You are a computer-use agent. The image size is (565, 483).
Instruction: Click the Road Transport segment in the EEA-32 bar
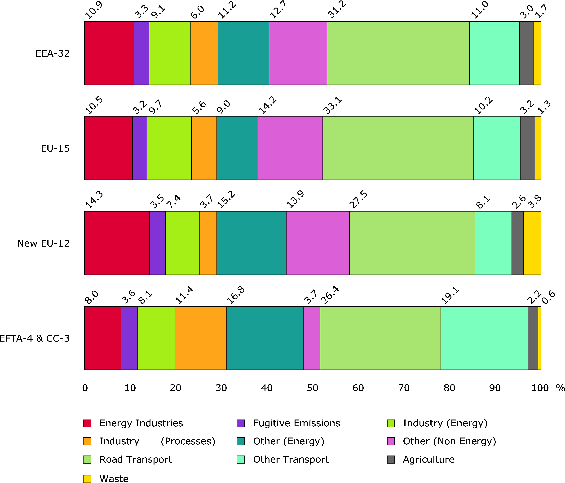pyautogui.click(x=398, y=53)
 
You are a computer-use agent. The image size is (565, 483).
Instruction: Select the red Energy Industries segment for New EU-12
pyautogui.click(x=117, y=243)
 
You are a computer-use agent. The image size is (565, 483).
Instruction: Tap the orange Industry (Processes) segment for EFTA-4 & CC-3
pyautogui.click(x=200, y=338)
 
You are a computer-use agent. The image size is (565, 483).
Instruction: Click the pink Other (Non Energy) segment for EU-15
pyautogui.click(x=290, y=148)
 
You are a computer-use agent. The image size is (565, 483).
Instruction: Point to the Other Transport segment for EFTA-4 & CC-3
pyautogui.click(x=484, y=338)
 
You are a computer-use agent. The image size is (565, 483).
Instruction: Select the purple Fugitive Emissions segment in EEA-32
pyautogui.click(x=141, y=53)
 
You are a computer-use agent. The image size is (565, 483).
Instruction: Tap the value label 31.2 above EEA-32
pyautogui.click(x=337, y=10)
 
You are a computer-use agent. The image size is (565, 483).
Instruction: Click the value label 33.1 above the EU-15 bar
pyautogui.click(x=332, y=106)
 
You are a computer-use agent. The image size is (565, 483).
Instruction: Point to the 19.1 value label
pyautogui.click(x=450, y=295)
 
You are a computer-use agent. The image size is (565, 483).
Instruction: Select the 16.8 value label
pyautogui.click(x=236, y=295)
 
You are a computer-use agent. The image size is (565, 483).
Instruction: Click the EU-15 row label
pyautogui.click(x=55, y=148)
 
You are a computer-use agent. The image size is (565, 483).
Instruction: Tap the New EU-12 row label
pyautogui.click(x=43, y=243)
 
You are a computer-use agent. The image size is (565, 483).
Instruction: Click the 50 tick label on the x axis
pyautogui.click(x=312, y=388)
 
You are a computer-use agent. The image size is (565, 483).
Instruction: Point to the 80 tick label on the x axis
pyautogui.click(x=449, y=388)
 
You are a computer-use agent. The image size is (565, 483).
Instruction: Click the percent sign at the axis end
pyautogui.click(x=560, y=388)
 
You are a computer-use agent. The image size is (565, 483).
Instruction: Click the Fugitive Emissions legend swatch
pyautogui.click(x=241, y=423)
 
